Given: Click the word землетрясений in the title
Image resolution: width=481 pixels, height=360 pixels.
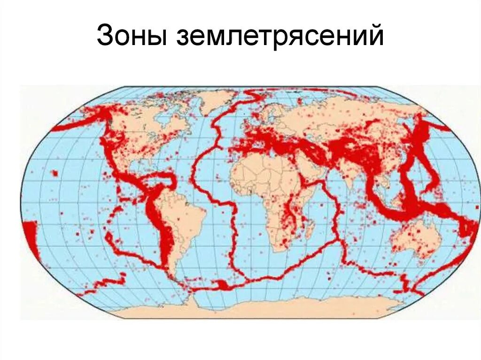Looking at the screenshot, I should coord(280,37).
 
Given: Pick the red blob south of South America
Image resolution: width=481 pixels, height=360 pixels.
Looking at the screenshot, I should coord(221,284).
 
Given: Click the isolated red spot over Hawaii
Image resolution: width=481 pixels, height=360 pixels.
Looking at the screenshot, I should coord(55,174).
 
